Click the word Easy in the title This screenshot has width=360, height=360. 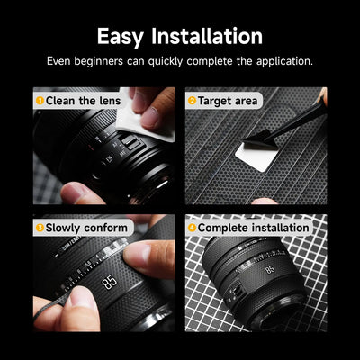[x=120, y=37]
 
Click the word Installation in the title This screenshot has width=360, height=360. [x=207, y=36]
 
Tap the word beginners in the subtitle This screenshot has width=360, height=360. [x=98, y=61]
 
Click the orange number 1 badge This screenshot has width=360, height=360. [x=40, y=101]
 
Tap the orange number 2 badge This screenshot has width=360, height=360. [x=192, y=101]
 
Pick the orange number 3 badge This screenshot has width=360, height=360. [x=40, y=228]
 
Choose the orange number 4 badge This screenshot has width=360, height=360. [x=192, y=228]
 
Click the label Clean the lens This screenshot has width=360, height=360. [x=83, y=101]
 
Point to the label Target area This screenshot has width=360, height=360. [x=228, y=101]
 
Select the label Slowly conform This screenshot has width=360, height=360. [x=86, y=228]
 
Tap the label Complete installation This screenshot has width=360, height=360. [x=253, y=228]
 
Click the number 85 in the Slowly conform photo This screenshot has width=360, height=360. [x=109, y=282]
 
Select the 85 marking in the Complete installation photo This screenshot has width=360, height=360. [x=270, y=269]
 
